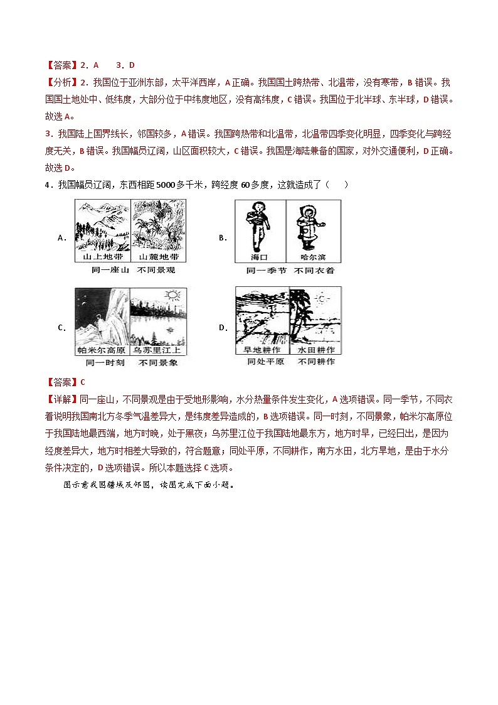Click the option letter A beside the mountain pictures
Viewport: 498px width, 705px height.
click(61, 238)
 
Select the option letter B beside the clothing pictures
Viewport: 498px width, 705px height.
click(222, 238)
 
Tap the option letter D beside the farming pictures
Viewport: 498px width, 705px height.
click(222, 328)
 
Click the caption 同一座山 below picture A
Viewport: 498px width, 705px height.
click(103, 271)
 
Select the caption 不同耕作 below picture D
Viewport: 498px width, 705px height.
click(317, 362)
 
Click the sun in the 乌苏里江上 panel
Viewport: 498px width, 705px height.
click(172, 294)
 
